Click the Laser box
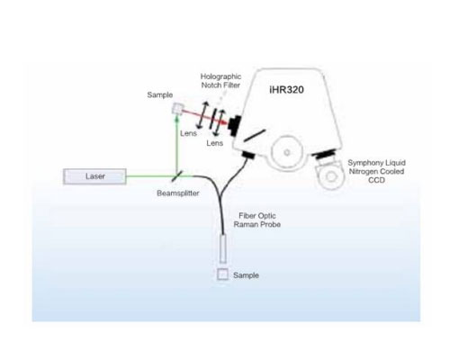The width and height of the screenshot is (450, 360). click(94, 176)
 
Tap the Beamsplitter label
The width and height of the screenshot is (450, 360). click(178, 193)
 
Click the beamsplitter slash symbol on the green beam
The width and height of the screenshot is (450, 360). click(177, 176)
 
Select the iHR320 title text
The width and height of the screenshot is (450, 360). click(286, 90)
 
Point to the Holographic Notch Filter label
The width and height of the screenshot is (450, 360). click(220, 81)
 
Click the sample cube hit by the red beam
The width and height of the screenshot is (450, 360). click(177, 108)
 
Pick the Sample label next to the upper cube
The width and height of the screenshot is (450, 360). click(160, 95)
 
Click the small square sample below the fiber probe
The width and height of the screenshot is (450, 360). click(222, 274)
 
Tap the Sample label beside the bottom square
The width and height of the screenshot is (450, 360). click(246, 275)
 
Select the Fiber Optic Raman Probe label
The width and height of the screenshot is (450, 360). click(257, 220)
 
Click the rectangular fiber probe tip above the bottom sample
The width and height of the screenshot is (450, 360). click(222, 248)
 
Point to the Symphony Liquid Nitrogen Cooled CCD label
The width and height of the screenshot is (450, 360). click(376, 171)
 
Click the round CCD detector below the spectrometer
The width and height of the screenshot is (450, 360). click(331, 176)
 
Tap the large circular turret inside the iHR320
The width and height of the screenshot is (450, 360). click(287, 152)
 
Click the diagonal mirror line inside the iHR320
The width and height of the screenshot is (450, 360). click(255, 135)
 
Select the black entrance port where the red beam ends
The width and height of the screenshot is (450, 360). click(234, 124)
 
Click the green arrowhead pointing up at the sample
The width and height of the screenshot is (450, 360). click(177, 119)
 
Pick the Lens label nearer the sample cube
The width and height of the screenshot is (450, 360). click(188, 133)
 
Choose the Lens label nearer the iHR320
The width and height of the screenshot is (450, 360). click(215, 143)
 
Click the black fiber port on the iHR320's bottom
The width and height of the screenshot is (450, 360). click(248, 155)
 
